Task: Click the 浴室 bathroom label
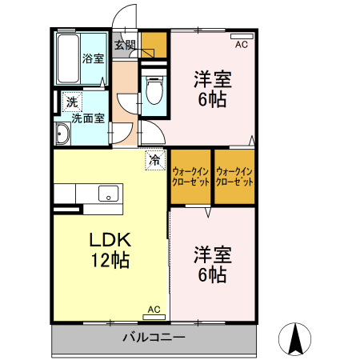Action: (93, 58)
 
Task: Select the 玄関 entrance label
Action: (123, 45)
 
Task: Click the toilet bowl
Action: (153, 90)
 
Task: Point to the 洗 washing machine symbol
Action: (72, 102)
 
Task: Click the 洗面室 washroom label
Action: (88, 118)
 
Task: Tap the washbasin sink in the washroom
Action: (62, 134)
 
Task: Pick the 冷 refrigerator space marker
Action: (154, 160)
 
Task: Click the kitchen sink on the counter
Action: (107, 194)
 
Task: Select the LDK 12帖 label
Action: (110, 250)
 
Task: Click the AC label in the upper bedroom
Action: (241, 45)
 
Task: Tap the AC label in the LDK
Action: (154, 310)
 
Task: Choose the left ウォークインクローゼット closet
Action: (190, 176)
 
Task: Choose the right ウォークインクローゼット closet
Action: (234, 176)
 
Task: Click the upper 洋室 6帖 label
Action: (212, 89)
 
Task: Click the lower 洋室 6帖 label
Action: (212, 265)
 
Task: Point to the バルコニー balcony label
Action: (154, 338)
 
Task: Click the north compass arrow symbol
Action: (294, 339)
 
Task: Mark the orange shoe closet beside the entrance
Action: (155, 44)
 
